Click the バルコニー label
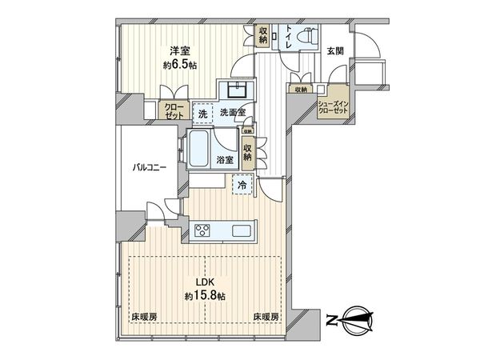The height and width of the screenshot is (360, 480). pos(150,169)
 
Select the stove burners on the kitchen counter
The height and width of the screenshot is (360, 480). pos(201,233)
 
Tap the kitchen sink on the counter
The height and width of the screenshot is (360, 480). pos(242,233)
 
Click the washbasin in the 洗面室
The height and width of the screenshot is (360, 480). pos(238,89)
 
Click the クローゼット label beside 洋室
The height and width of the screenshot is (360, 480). pos(174,110)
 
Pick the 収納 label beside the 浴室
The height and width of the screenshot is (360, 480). pos(249,152)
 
